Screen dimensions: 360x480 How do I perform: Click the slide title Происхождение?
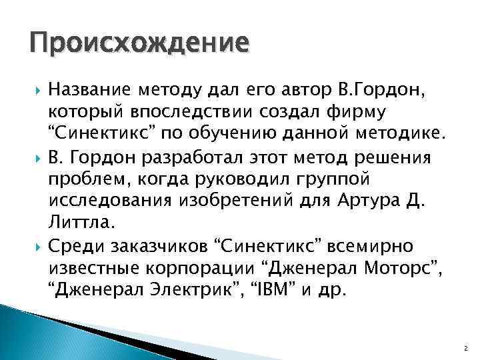tap(139, 46)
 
